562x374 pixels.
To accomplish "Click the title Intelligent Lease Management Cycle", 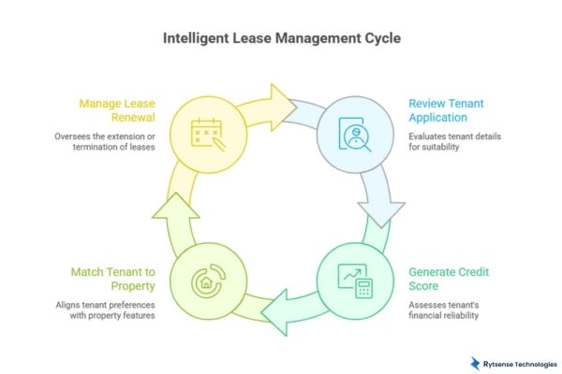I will click(x=281, y=40).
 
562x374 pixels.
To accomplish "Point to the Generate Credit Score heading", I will click(x=449, y=279).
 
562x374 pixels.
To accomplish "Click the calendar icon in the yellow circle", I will click(x=209, y=136).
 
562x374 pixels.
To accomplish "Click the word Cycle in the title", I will click(x=382, y=40).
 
